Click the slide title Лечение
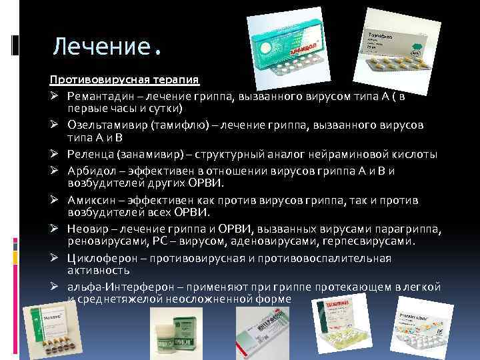[x=107, y=46]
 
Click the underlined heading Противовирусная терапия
[x=124, y=80]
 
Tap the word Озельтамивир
[x=106, y=125]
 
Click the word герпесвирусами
[x=376, y=240]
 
